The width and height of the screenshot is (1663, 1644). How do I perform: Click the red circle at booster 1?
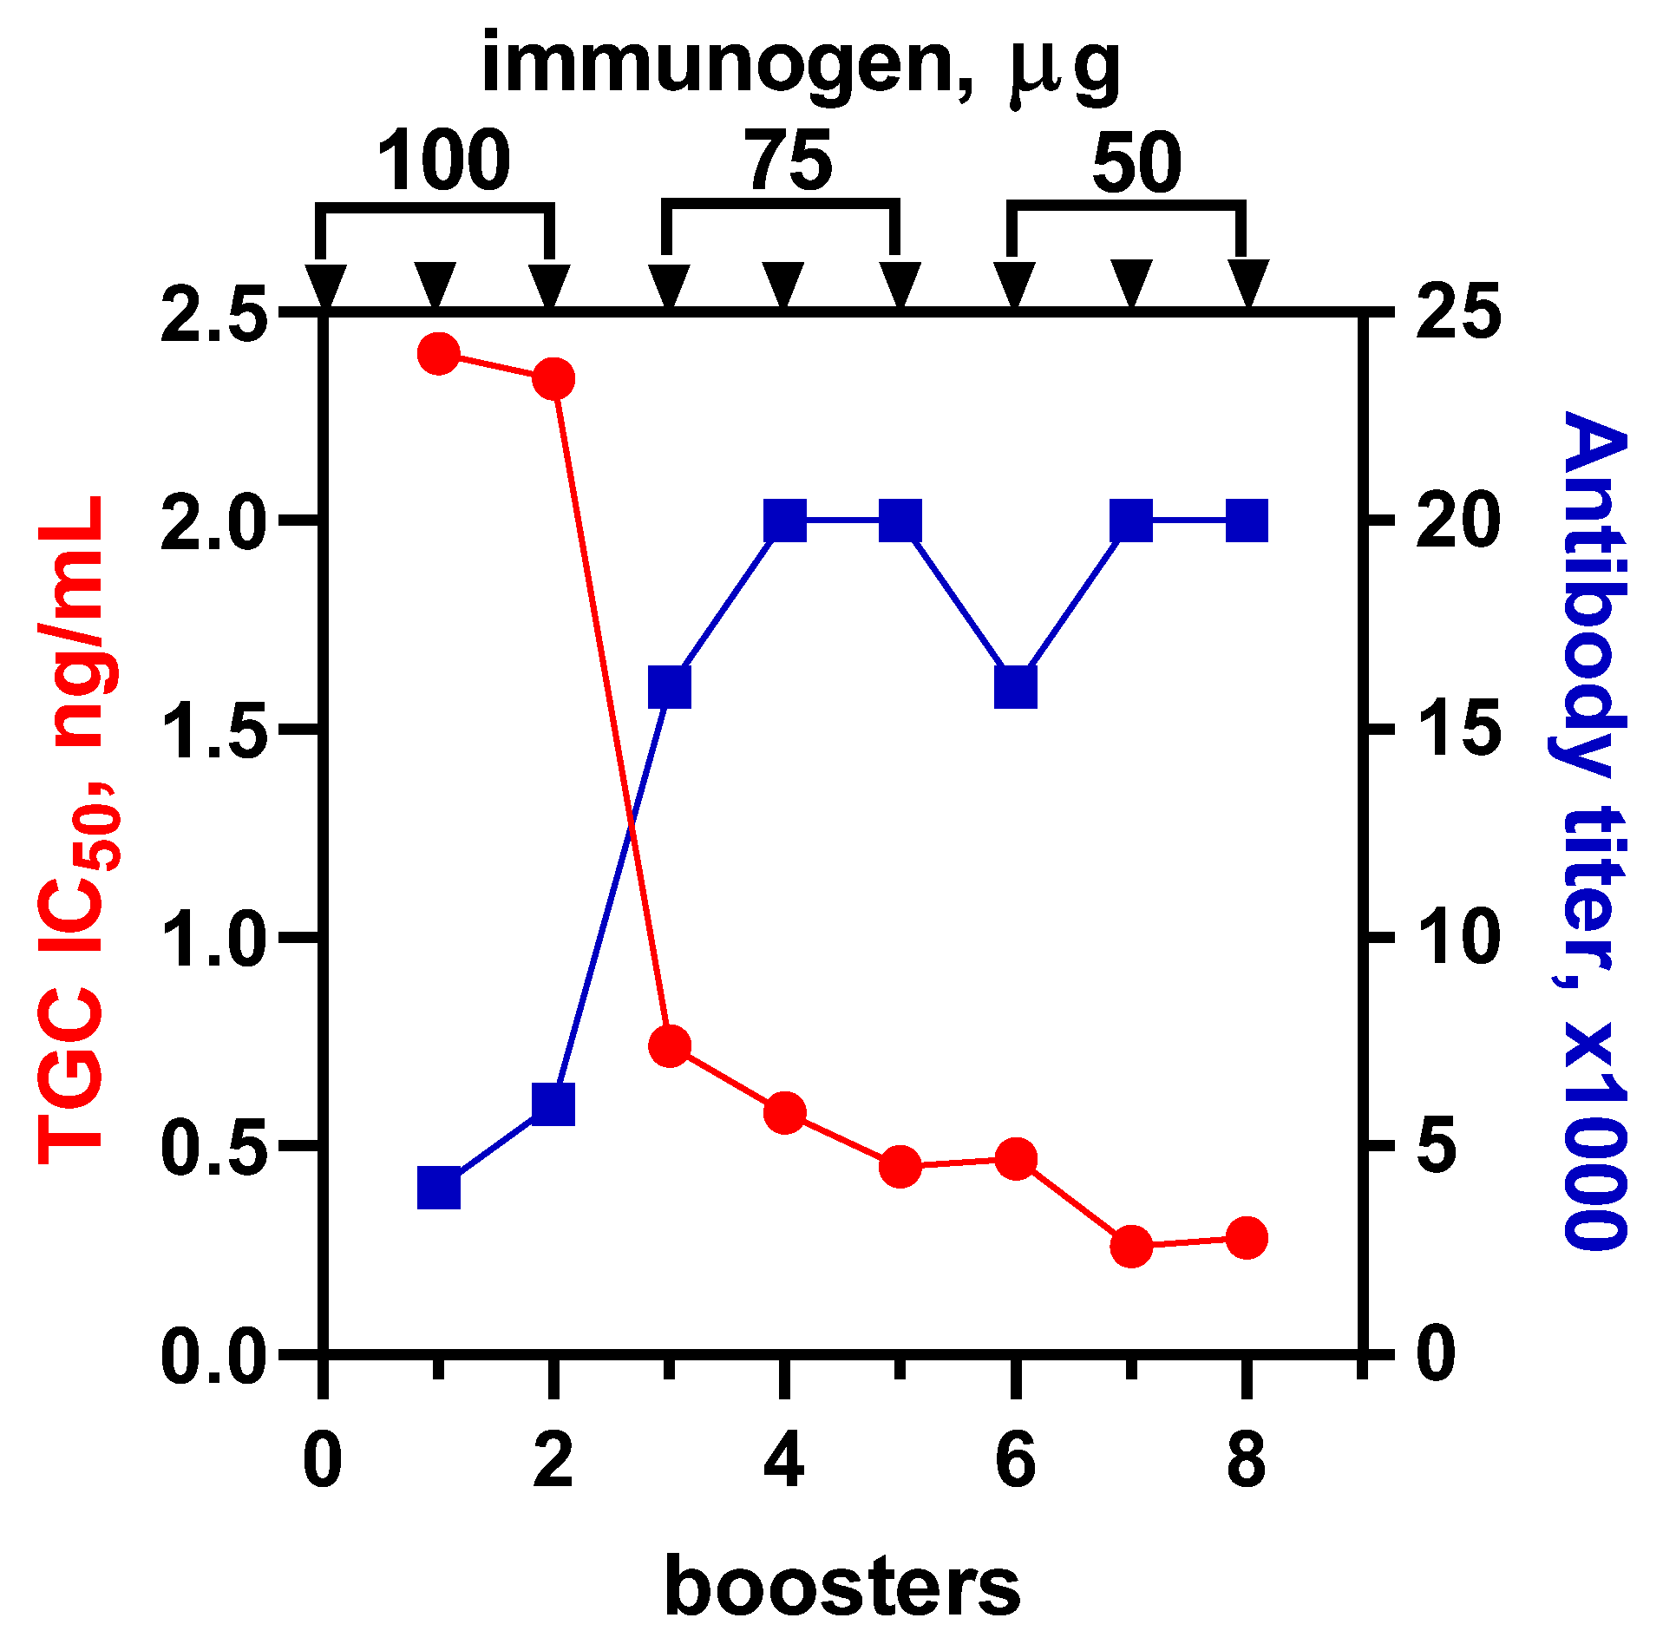(x=438, y=354)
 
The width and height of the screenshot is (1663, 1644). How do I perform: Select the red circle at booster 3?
(x=670, y=1045)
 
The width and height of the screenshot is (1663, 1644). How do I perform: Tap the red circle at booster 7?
(x=1131, y=1247)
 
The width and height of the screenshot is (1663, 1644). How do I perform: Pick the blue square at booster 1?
(x=438, y=1188)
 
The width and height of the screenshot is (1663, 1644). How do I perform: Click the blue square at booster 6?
(x=1016, y=688)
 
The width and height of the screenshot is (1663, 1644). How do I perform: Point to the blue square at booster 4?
(x=785, y=521)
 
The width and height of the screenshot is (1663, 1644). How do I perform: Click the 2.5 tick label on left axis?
(x=212, y=315)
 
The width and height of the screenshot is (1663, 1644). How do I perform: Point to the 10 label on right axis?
(x=1457, y=937)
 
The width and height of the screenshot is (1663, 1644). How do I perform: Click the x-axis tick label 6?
(x=1015, y=1461)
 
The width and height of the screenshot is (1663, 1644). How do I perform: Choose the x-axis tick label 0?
(x=323, y=1461)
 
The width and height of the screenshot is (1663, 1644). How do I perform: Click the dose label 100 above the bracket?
(x=443, y=161)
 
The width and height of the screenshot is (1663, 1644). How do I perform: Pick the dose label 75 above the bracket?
(x=790, y=161)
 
